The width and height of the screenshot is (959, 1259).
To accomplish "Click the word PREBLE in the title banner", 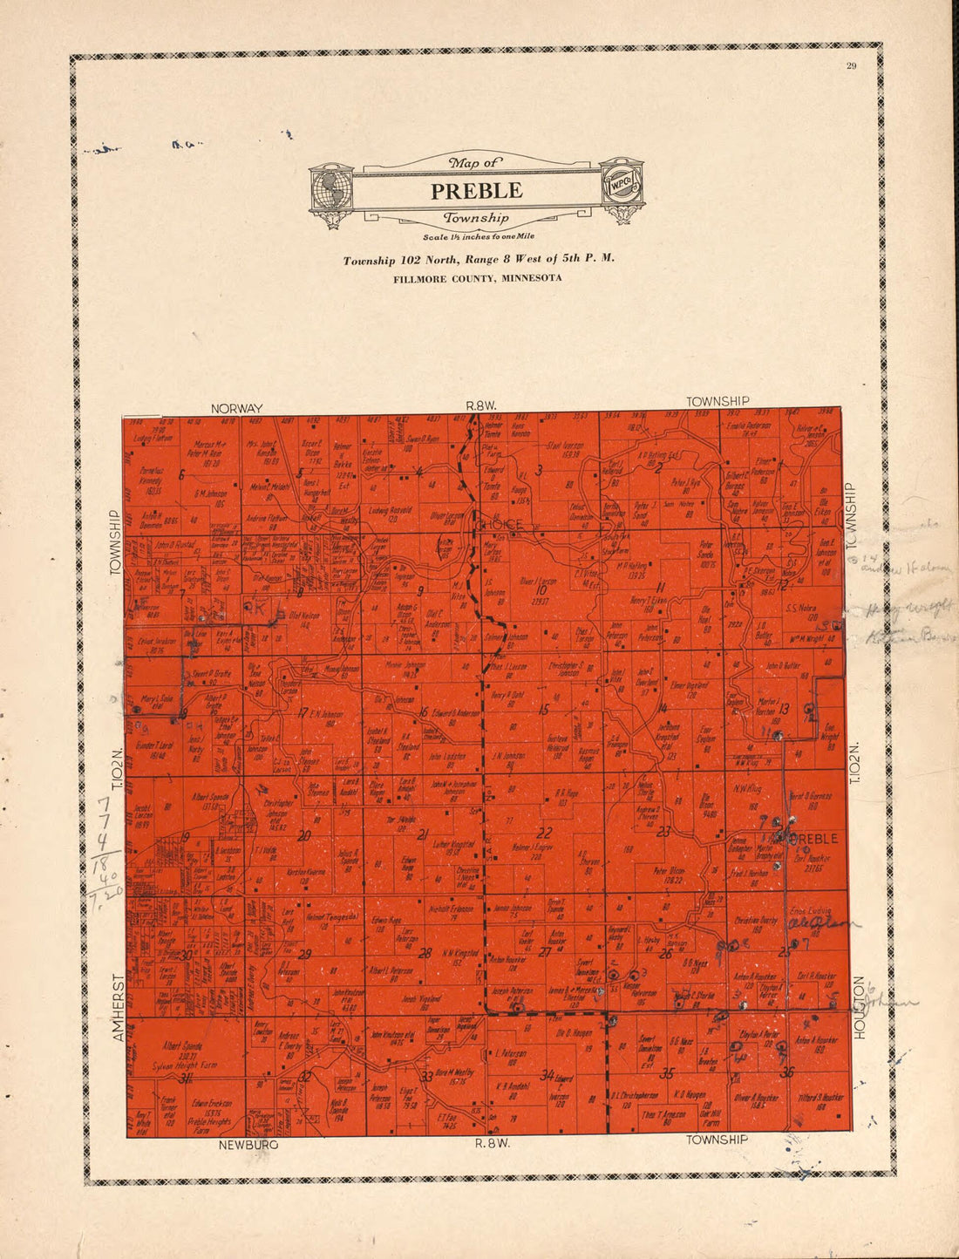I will coord(476,190).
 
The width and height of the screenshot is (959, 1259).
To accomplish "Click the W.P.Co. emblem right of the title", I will coord(622,188).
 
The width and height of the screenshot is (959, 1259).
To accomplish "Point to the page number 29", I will coord(852,67).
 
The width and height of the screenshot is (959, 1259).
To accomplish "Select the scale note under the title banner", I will coord(478,236).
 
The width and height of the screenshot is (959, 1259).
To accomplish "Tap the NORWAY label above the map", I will coord(236,408).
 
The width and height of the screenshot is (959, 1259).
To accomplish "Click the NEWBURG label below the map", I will coord(248,1144).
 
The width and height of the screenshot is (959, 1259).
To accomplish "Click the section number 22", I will coord(545,831).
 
